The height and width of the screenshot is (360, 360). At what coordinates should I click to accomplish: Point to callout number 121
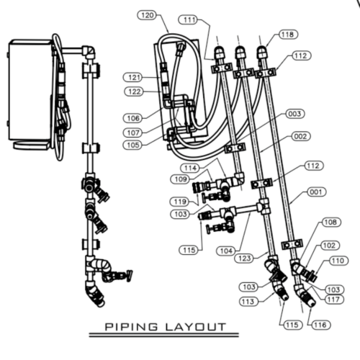(134, 77)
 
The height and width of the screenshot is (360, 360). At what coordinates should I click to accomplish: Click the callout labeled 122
(134, 91)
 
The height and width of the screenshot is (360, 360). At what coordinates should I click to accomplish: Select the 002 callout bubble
(300, 136)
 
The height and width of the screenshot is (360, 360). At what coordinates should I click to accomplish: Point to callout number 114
(189, 168)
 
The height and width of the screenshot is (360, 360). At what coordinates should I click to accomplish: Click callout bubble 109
(181, 178)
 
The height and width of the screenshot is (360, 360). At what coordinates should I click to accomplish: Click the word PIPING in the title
(132, 326)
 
